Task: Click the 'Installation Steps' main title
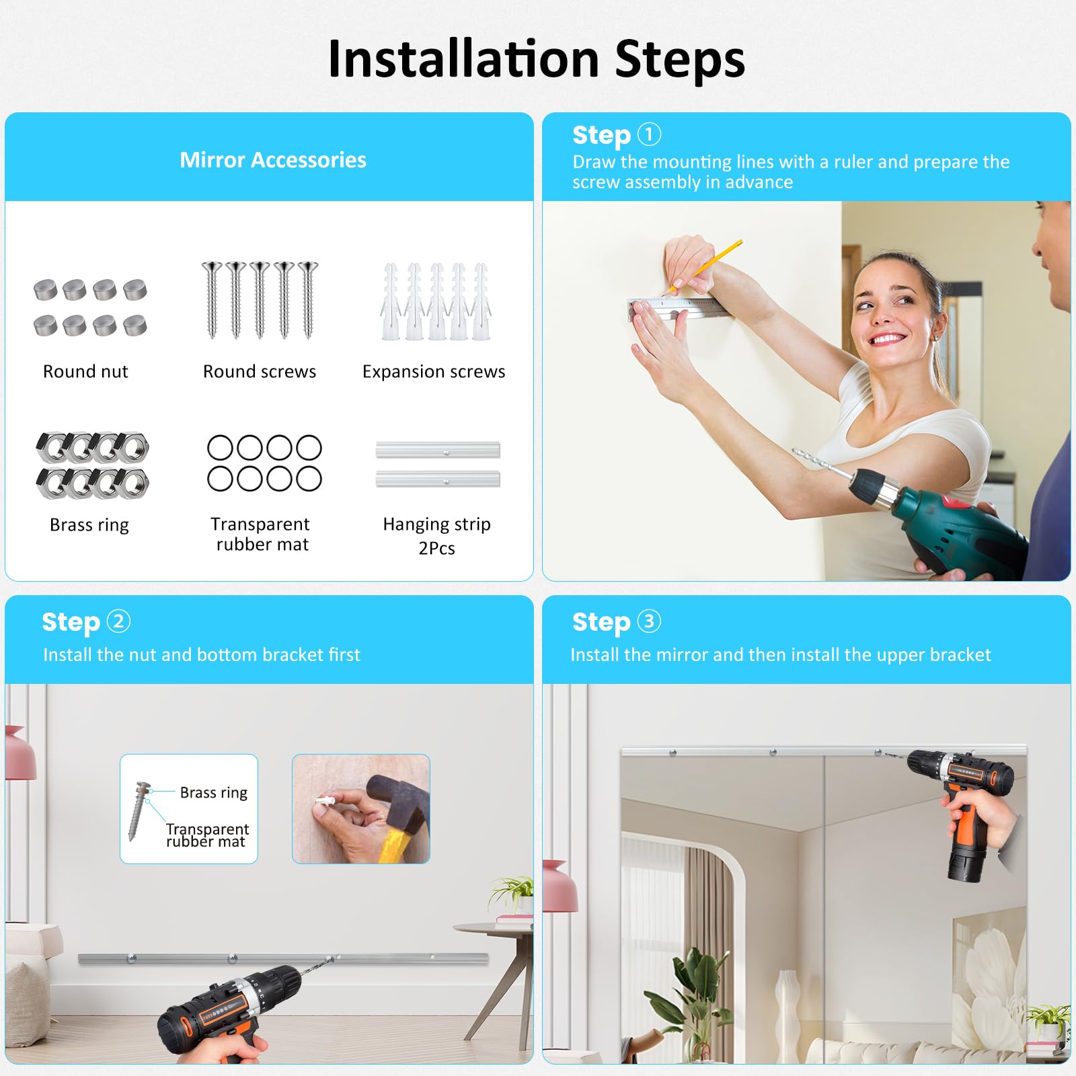(537, 59)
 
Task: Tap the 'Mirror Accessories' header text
(273, 160)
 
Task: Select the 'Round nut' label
(85, 371)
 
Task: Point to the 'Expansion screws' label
(434, 372)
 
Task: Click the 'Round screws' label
(260, 371)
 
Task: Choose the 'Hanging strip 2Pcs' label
(437, 536)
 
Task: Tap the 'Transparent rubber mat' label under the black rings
(261, 534)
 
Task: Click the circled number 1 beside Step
(649, 134)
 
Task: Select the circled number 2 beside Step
(118, 621)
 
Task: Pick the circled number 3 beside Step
(649, 621)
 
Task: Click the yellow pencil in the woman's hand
(706, 266)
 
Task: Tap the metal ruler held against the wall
(679, 309)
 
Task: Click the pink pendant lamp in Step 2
(20, 753)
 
